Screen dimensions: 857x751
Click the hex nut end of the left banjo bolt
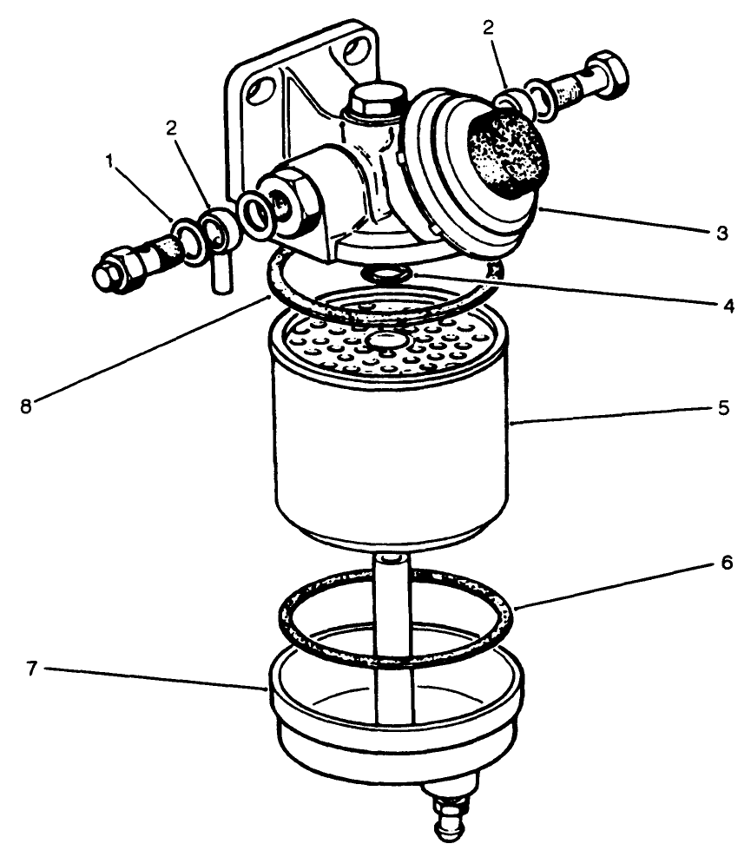coord(112,268)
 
